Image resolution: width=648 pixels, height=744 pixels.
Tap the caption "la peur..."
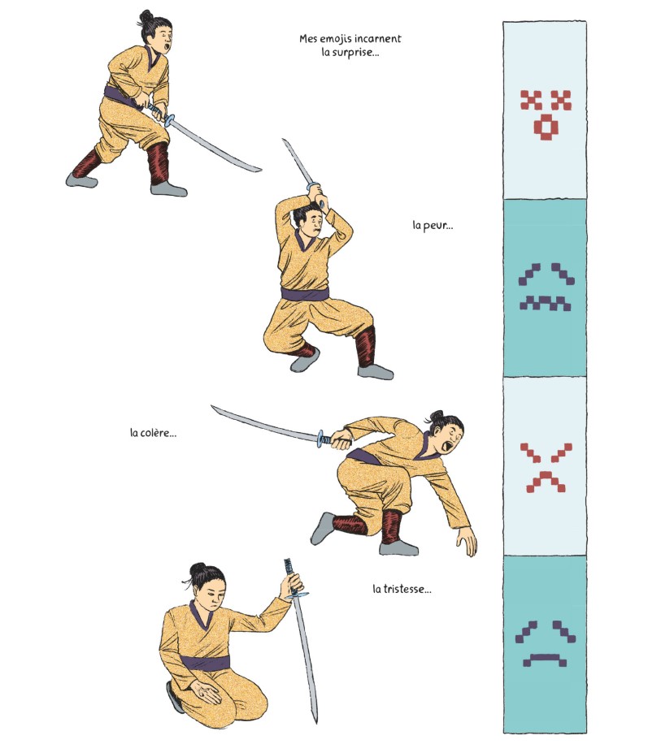[x=433, y=225]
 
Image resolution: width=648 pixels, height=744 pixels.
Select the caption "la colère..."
[x=153, y=433]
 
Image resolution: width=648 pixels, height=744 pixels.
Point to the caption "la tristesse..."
[x=402, y=590]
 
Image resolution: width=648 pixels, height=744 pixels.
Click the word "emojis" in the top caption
[x=336, y=39]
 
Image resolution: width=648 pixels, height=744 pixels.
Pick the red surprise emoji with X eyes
[x=546, y=115]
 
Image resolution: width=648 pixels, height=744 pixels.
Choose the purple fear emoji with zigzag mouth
[x=546, y=287]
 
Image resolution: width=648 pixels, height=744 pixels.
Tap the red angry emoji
[x=546, y=468]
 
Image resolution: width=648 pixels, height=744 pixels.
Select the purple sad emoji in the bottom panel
[x=546, y=643]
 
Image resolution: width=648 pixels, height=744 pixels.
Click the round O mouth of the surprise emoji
[x=546, y=128]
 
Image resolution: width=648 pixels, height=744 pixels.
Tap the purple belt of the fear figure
[x=305, y=294]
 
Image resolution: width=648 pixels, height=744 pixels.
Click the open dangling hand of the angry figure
[x=468, y=542]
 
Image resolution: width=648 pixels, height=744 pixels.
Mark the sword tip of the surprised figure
[x=260, y=169]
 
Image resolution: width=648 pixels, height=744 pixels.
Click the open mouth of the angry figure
[x=446, y=448]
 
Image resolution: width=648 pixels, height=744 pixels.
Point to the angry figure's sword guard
[x=320, y=439]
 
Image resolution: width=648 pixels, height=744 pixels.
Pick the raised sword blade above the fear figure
[x=298, y=162]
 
